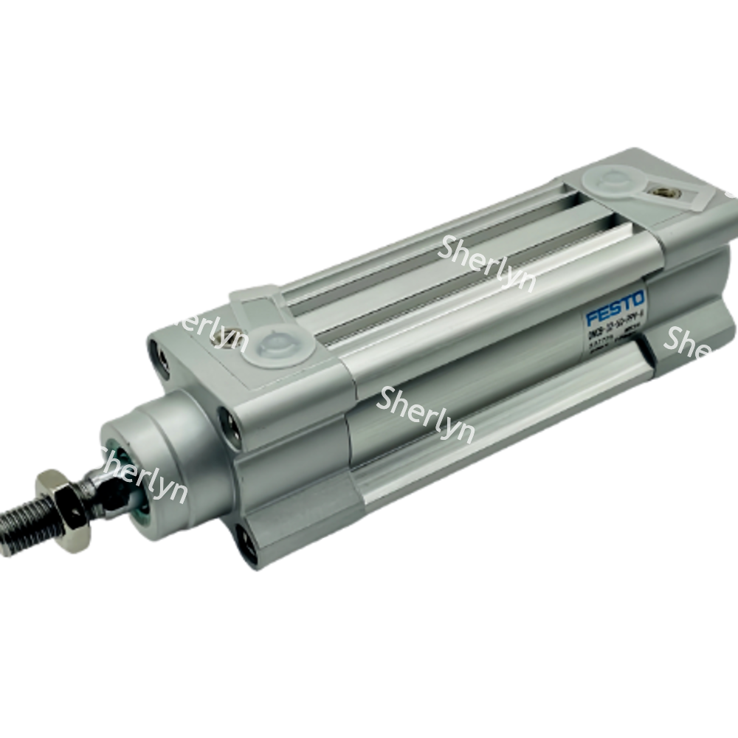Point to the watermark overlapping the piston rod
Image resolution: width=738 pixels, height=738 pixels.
tap(144, 476)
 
